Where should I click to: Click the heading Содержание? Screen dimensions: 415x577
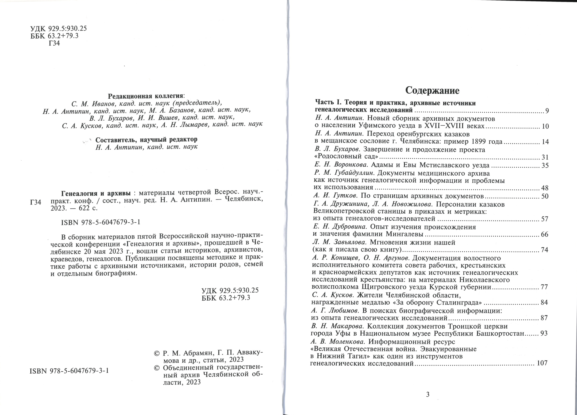coord(432,90)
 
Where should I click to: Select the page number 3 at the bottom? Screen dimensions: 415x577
coord(428,395)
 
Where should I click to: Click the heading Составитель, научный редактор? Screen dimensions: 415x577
coord(146,140)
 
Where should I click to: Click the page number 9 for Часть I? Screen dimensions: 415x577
coord(547,111)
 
